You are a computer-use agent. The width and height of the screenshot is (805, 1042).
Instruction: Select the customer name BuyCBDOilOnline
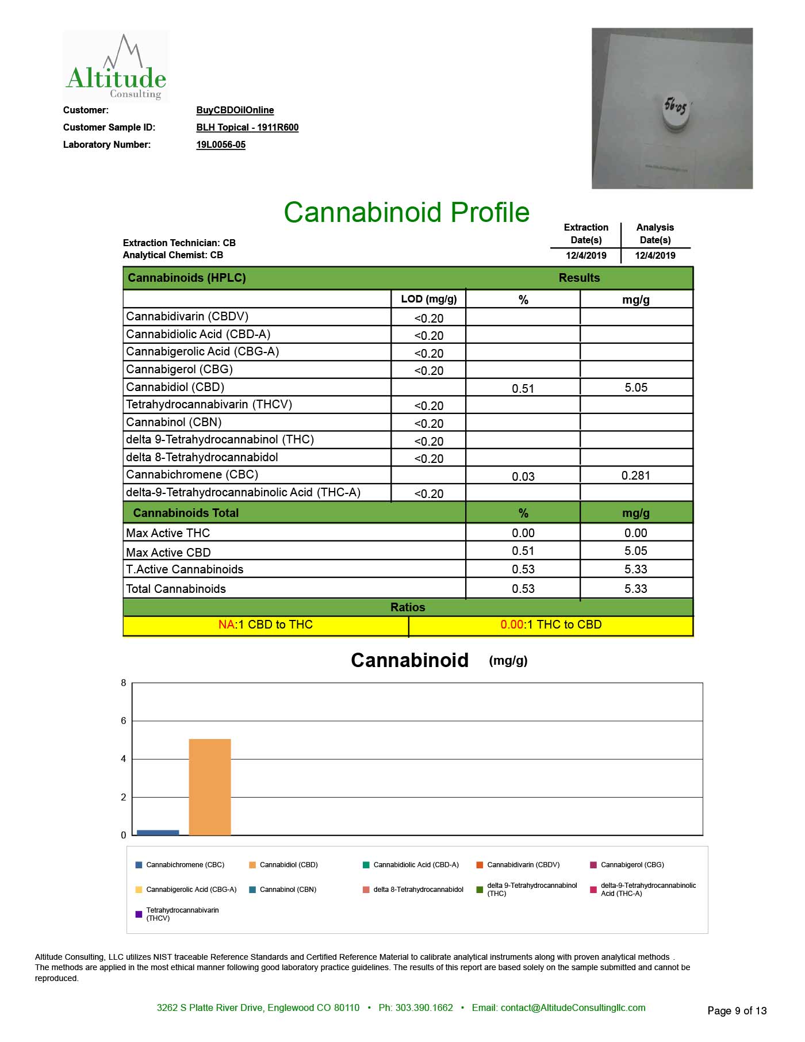pos(235,110)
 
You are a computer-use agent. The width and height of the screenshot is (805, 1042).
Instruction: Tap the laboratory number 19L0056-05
pos(221,144)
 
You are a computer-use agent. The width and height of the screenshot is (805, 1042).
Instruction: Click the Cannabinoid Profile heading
pos(406,212)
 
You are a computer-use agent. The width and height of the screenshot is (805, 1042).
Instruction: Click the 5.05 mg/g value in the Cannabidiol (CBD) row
pos(635,388)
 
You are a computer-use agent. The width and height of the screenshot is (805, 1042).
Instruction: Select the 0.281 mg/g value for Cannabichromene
pos(635,476)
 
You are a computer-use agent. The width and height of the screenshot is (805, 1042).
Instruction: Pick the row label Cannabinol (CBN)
pos(174,422)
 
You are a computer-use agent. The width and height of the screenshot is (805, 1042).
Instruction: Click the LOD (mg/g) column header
pos(428,299)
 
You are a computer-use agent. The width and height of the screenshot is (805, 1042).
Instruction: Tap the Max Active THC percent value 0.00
pos(523,533)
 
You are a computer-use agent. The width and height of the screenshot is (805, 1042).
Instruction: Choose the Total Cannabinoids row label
pos(176,589)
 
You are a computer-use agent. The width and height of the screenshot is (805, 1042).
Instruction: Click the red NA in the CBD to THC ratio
pos(226,625)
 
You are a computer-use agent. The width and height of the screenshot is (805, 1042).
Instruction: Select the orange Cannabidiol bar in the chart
pos(210,787)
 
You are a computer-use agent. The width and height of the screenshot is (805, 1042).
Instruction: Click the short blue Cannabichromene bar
pos(158,832)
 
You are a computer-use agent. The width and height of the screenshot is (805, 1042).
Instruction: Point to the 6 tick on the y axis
pos(124,721)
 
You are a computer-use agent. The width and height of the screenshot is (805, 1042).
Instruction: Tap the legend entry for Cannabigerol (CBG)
pos(631,865)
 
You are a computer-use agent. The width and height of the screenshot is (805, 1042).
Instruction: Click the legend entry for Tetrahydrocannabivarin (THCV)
pos(182,914)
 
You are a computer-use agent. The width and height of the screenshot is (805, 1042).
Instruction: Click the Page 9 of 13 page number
pos(737,1010)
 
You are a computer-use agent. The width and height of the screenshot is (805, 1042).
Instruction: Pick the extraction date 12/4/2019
pos(586,255)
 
